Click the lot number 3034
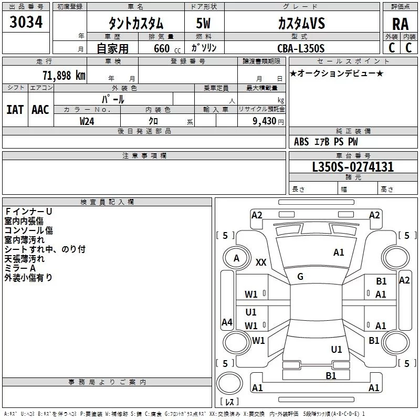point(26,22)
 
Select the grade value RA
point(400,24)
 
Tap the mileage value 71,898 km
point(64,75)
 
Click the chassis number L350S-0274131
point(353,166)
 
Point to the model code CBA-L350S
point(301,48)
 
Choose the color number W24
point(87,121)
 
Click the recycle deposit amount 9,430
point(264,121)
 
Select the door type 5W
point(203,23)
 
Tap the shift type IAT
point(15,110)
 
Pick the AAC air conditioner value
point(40,110)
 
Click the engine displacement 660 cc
point(167,48)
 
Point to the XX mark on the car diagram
point(261,262)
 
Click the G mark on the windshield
point(300,277)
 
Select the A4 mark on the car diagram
point(227,322)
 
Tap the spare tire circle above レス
point(229,383)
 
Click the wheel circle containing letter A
point(236,258)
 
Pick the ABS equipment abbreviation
point(301,142)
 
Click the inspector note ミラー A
point(20,268)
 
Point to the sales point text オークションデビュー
point(337,73)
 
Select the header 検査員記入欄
point(107,202)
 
